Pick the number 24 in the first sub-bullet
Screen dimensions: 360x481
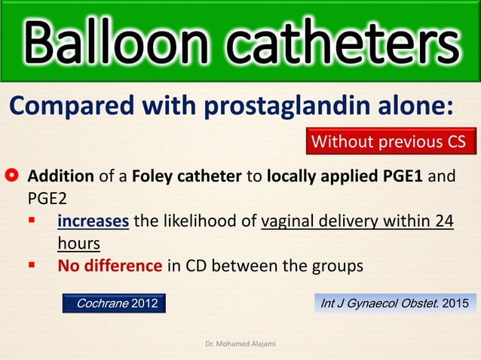(445, 224)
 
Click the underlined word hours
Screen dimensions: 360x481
(78, 244)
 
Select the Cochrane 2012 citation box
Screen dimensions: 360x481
(114, 303)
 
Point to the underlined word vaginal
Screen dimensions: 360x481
(289, 224)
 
